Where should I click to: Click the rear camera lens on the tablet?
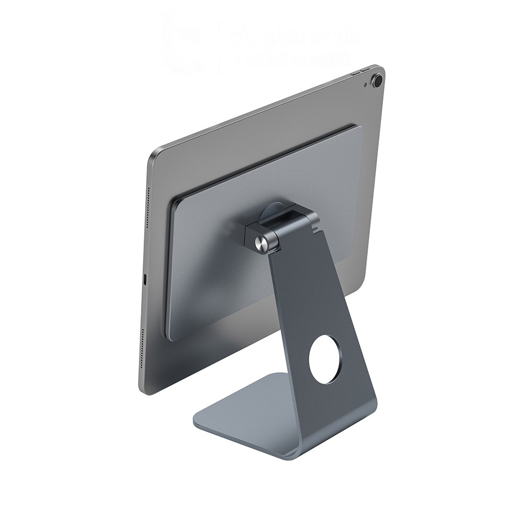coord(376,80)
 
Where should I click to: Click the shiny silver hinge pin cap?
coord(260,242)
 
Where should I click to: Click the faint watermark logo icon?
coord(181,45)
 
